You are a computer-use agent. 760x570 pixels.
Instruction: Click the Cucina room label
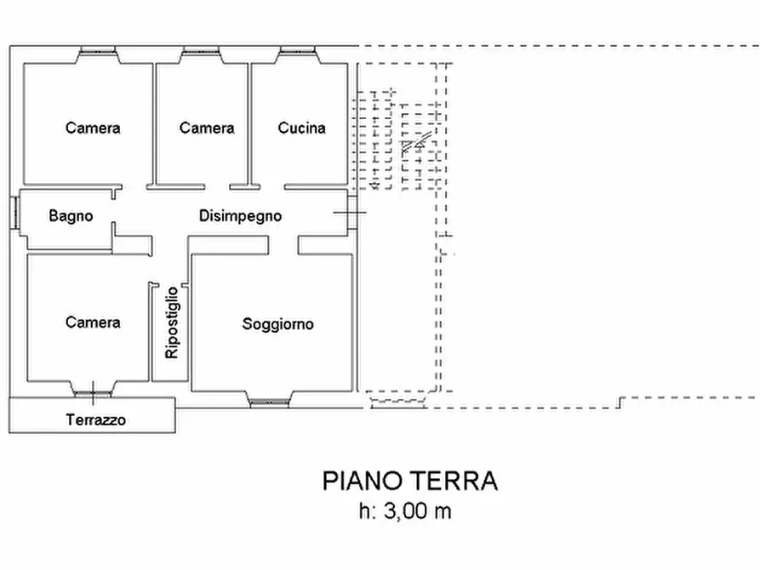point(301,128)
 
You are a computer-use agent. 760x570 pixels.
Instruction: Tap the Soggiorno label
point(277,324)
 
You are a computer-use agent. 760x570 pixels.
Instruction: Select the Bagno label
point(71,216)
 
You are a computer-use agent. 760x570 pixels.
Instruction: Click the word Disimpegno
point(240,216)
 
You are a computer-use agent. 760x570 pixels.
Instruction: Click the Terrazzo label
point(96,419)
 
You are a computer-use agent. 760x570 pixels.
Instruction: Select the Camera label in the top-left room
point(93,128)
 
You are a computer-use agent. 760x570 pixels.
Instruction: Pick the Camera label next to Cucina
point(207,128)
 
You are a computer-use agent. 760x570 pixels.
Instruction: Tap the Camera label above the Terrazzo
point(93,322)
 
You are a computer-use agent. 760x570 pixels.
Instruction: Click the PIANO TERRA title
point(409,482)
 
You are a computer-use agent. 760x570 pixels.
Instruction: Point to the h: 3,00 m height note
point(405,511)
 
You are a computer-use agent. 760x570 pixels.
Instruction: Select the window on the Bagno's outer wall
point(15,212)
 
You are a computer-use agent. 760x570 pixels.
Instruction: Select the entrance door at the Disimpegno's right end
point(351,212)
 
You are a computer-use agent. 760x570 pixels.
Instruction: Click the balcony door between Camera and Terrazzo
point(93,392)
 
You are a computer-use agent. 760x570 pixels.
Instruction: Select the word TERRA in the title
point(455,482)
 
